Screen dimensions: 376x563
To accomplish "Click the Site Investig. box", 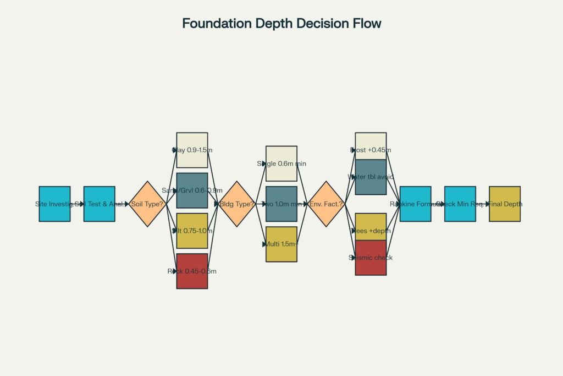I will click(54, 204).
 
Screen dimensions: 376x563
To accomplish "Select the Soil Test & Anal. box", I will click(99, 204).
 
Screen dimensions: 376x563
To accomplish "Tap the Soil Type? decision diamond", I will click(147, 204).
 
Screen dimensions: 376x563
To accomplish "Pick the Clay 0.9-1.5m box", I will click(192, 150).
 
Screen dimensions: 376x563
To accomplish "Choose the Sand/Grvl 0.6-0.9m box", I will click(192, 190).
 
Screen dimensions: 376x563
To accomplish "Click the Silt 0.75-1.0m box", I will click(192, 231).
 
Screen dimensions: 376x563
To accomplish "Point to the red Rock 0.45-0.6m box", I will click(192, 271).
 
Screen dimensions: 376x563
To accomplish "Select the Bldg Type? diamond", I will click(237, 204).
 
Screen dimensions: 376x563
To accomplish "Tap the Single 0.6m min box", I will click(281, 164).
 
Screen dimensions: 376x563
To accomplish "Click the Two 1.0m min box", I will click(281, 204).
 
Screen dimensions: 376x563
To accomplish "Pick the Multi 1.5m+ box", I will click(281, 244).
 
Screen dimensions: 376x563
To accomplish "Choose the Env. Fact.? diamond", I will click(326, 204).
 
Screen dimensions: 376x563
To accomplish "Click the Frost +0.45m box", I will click(371, 146).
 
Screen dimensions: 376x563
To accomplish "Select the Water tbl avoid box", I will click(371, 177).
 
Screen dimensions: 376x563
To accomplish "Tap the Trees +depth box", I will click(371, 227).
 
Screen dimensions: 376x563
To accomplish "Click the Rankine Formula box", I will click(415, 204).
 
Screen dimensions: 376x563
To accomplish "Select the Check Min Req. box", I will click(460, 204).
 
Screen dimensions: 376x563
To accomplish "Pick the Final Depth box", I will click(505, 204).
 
